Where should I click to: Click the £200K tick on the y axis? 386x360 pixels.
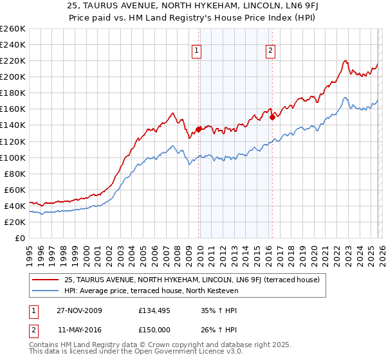pyautogui.click(x=13, y=76)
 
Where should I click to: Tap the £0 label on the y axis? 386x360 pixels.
pyautogui.click(x=20, y=238)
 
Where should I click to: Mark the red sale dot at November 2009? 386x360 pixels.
pyautogui.click(x=198, y=129)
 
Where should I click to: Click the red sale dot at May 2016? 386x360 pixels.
pyautogui.click(x=273, y=117)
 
